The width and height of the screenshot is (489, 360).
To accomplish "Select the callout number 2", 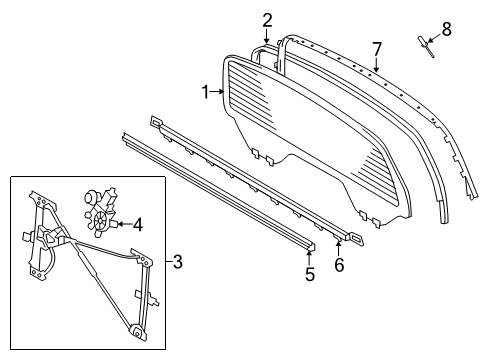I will pos(267,19).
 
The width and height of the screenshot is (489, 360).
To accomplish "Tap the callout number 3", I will pos(177,263).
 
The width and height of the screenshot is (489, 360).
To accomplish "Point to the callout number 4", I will pos(138,225).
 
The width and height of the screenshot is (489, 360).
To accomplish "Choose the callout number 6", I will pos(338,266).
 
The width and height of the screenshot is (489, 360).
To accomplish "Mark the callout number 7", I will pos(377,48).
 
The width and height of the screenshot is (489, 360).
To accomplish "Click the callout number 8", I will pos(446,29).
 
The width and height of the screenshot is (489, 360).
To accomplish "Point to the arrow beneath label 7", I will pos(377,66).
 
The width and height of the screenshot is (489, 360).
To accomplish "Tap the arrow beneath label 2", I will pos(267,38).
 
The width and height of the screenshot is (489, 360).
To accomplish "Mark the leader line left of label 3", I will pos(168,263).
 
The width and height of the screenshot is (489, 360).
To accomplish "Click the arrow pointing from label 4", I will pos(123,224).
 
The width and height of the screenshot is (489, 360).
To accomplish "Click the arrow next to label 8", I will pos(432,40).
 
